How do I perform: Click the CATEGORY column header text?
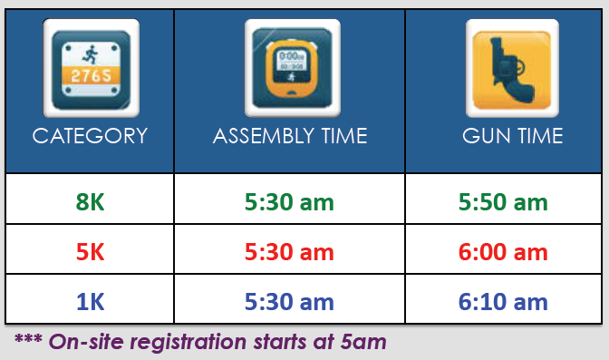tap(90, 136)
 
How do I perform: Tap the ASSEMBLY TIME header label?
tap(290, 136)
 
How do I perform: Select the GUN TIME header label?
tap(512, 136)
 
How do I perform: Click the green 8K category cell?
tap(90, 202)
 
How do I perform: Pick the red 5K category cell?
tap(90, 251)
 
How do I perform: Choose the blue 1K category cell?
tap(90, 302)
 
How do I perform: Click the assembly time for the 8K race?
tap(289, 202)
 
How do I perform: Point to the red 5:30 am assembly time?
tap(289, 252)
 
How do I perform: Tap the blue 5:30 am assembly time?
tap(289, 302)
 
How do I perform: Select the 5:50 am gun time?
tap(503, 202)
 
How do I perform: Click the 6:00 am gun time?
tap(503, 252)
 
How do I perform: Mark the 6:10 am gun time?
tap(503, 302)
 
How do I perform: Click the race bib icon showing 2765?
tap(92, 68)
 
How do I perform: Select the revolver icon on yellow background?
tap(512, 68)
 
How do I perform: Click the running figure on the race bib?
tap(90, 54)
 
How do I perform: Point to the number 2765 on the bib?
tap(91, 75)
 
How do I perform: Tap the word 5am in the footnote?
tap(363, 342)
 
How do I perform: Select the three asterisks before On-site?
tap(28, 338)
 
